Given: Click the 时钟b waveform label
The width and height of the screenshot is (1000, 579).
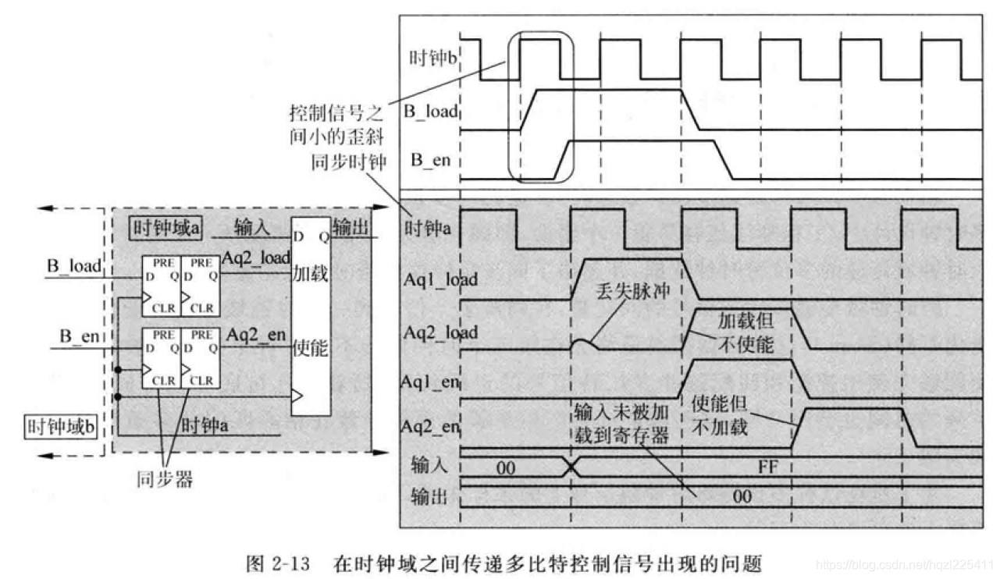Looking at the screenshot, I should click(x=432, y=59).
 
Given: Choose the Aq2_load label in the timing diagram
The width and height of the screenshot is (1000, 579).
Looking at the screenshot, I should click(x=440, y=331).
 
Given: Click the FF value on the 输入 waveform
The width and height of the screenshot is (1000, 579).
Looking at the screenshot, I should click(x=770, y=467).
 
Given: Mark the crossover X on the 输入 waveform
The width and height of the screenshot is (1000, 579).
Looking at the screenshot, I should click(x=572, y=467).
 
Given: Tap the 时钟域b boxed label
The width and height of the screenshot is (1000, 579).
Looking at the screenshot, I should click(x=61, y=427).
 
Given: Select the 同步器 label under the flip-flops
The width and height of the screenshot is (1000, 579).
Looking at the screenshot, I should click(x=166, y=479).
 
